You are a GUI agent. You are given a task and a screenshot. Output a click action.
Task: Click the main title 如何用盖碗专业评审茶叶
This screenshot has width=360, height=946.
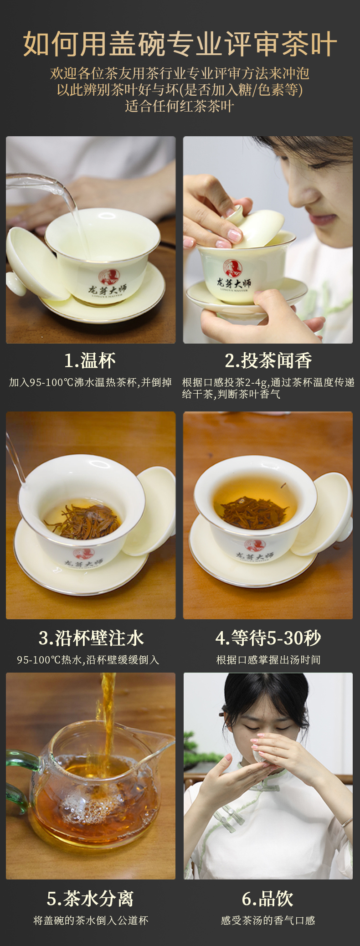click(x=180, y=44)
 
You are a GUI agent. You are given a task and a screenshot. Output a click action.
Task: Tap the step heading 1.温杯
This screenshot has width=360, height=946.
click(x=90, y=360)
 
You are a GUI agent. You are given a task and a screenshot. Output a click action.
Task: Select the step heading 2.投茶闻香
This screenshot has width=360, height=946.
click(x=268, y=360)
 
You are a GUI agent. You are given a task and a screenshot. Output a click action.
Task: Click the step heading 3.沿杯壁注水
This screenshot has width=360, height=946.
click(x=91, y=638)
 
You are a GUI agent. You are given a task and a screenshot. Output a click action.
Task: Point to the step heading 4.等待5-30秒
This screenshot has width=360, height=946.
click(x=268, y=638)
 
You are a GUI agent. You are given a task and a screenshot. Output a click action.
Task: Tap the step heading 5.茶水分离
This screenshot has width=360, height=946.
click(x=90, y=899)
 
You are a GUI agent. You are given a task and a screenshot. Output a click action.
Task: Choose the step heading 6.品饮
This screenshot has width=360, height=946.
click(x=267, y=899)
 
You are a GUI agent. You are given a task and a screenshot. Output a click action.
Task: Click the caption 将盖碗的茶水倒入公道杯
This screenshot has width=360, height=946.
click(x=91, y=920)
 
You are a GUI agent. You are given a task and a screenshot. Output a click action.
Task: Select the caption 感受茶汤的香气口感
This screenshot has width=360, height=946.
click(x=268, y=920)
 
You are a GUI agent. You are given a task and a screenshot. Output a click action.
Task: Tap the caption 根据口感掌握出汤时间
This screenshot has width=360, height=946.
click(x=268, y=660)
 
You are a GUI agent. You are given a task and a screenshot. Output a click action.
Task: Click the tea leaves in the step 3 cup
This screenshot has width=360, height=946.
click(x=82, y=521)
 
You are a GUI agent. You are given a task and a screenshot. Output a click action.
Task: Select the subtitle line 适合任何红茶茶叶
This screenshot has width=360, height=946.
click(x=180, y=106)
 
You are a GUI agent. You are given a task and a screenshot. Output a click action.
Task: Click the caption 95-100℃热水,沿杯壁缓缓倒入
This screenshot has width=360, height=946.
click(x=88, y=660)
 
